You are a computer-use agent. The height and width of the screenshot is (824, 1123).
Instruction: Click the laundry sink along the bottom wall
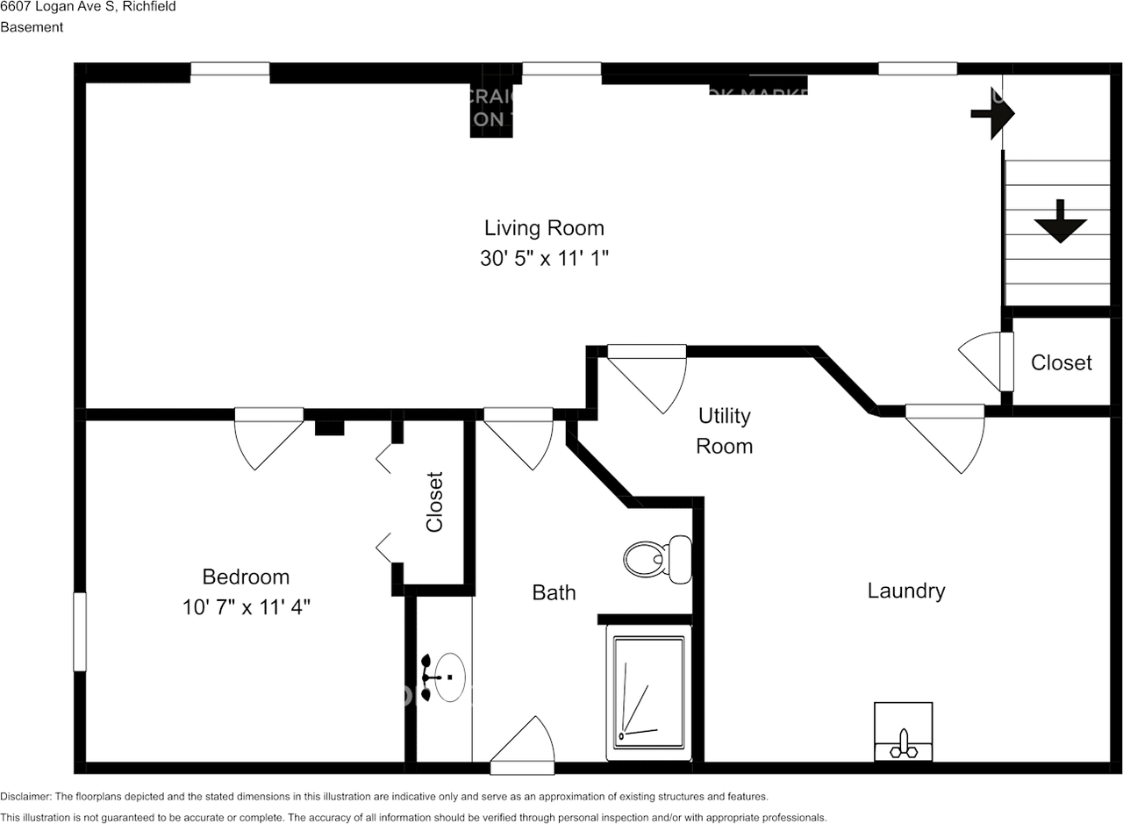click(x=903, y=732)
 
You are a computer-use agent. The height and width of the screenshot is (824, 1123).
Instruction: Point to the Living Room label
click(x=544, y=228)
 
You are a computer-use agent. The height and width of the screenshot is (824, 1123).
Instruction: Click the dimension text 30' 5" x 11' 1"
click(x=544, y=259)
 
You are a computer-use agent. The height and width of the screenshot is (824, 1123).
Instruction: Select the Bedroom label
click(x=246, y=577)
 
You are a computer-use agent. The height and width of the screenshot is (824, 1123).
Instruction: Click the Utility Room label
click(x=724, y=430)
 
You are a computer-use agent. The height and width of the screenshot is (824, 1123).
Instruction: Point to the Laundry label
click(x=905, y=591)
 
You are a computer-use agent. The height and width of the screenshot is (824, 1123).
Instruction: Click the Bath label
click(x=554, y=592)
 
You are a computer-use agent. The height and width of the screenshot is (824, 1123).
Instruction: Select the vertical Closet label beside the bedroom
click(x=434, y=502)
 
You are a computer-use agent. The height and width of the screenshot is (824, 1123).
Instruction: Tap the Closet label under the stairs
click(x=1061, y=362)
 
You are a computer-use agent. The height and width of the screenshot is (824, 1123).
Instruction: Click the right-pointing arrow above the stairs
click(x=994, y=112)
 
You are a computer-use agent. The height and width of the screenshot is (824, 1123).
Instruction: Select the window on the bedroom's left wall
click(x=80, y=632)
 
